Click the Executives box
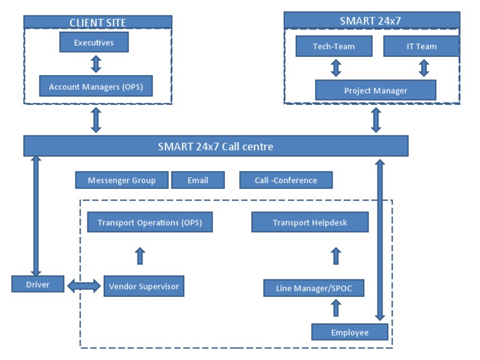94,42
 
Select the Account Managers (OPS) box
96,87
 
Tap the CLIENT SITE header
97,22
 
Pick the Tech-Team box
333,46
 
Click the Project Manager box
375,91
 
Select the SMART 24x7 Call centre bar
216,146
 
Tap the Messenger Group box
121,180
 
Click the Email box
197,180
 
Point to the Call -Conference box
286,180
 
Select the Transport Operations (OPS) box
145,222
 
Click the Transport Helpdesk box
309,222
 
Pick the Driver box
38,284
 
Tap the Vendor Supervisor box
144,286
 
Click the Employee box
349,332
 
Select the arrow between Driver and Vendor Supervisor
84,286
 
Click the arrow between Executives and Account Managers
96,64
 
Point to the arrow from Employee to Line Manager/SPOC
336,307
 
